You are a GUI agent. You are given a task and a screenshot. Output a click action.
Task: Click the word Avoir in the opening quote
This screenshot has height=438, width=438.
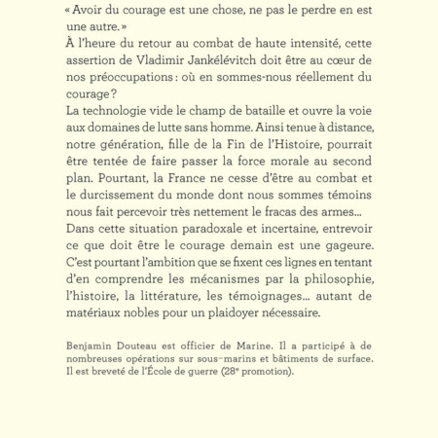[91, 11]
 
